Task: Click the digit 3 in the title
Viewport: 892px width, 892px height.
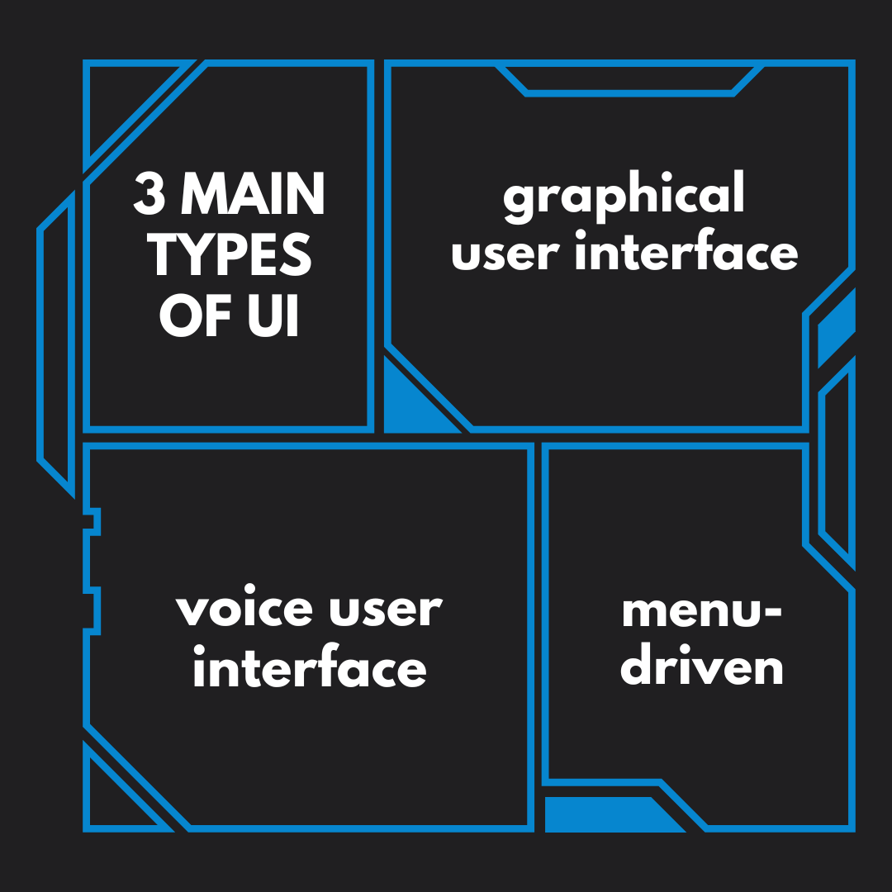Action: [x=149, y=193]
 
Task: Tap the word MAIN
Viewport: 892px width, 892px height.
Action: [x=253, y=193]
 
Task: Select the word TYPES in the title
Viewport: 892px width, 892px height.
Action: [x=230, y=255]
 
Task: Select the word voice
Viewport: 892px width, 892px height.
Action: [x=244, y=610]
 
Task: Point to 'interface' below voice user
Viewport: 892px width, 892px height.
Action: [x=310, y=665]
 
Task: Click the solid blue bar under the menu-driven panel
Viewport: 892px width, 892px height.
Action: [x=609, y=814]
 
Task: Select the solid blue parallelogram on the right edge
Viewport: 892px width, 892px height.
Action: [x=836, y=328]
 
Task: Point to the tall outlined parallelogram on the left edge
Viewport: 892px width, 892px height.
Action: [x=56, y=344]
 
